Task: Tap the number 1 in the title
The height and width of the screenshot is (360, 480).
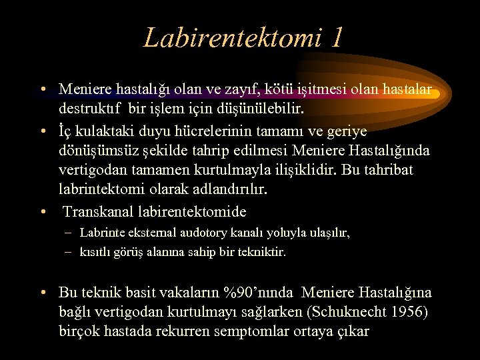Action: tap(335, 37)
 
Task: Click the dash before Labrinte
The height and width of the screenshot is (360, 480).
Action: tap(69, 233)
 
